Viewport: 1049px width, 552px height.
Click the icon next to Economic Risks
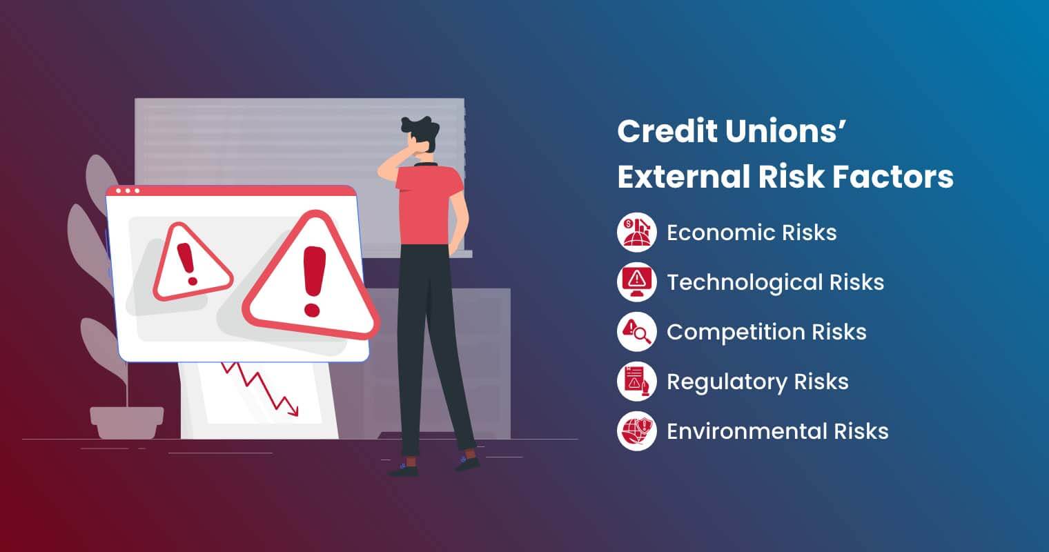[x=636, y=233]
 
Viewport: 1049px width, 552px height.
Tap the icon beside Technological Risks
[x=636, y=282]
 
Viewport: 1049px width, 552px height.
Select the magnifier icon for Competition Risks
[x=636, y=332]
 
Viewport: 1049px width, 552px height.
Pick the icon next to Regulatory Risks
[x=636, y=382]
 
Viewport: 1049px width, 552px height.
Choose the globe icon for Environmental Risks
[x=636, y=431]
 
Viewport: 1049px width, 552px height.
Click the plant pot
[x=126, y=422]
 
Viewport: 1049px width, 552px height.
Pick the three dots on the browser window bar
[x=128, y=190]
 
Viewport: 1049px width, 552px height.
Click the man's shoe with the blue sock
[x=467, y=463]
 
